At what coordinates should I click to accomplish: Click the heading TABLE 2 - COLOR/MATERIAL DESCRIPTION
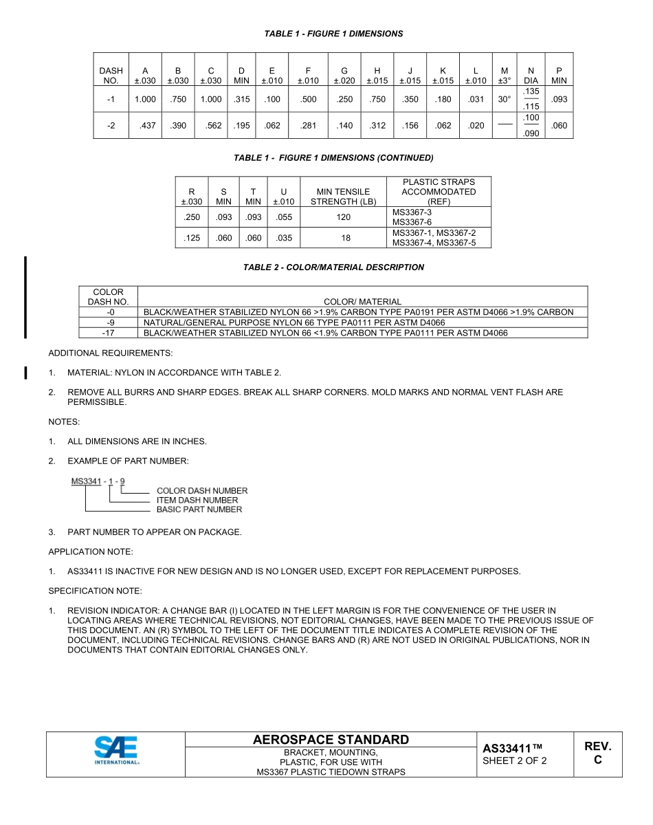pos(333,267)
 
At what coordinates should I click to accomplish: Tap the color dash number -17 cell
pos(108,333)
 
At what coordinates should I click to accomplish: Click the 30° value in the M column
pos(505,99)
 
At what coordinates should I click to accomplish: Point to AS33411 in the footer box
pos(512,748)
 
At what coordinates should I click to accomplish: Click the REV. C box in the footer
pos(597,753)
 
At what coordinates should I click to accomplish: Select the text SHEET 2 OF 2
pos(515,761)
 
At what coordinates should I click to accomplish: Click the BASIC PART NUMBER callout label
pos(199,509)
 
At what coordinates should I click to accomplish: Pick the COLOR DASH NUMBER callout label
pos(202,491)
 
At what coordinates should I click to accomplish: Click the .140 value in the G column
pos(344,126)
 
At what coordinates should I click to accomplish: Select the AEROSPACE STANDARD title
pos(331,740)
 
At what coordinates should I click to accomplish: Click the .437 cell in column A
pos(145,126)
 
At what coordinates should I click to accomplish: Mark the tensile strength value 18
pos(346,238)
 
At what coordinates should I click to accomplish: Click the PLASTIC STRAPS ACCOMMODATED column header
pos(439,192)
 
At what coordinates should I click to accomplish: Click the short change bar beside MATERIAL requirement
pos(25,373)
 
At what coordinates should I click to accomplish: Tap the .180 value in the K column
pos(443,99)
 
